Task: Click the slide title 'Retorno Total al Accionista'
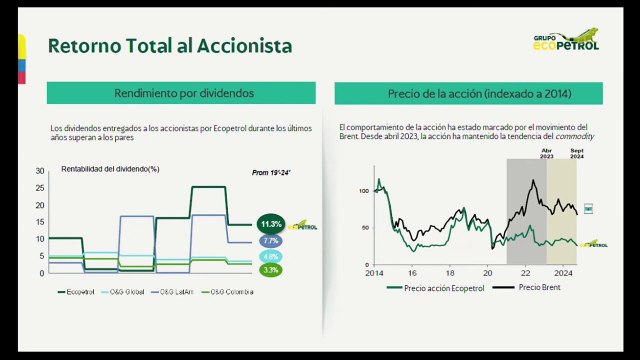pyautogui.click(x=170, y=45)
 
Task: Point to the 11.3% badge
pyautogui.click(x=271, y=224)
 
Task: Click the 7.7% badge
pyautogui.click(x=271, y=241)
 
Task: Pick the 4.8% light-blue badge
pyautogui.click(x=271, y=256)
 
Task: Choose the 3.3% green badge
pyautogui.click(x=271, y=270)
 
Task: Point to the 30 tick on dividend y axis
pyautogui.click(x=40, y=172)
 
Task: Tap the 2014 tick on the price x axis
pyautogui.click(x=374, y=272)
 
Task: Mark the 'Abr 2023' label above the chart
pyautogui.click(x=547, y=154)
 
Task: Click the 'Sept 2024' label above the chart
pyautogui.click(x=577, y=154)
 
